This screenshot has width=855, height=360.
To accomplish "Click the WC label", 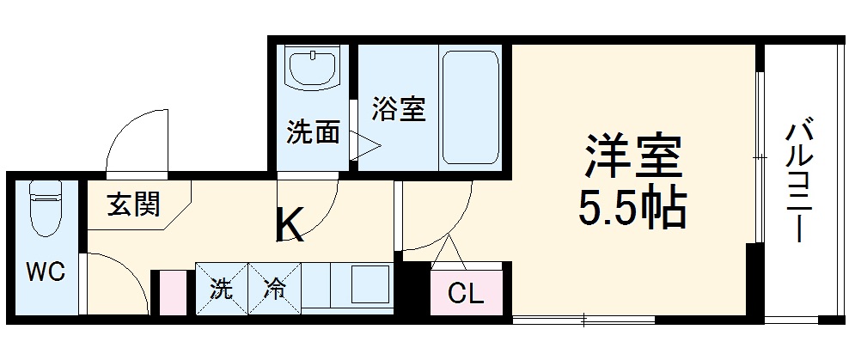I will [44, 272].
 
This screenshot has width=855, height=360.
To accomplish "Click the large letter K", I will [289, 227].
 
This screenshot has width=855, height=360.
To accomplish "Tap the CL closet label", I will [467, 295].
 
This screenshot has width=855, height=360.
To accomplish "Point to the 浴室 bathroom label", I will [399, 109].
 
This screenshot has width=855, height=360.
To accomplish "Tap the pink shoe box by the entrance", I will [173, 292].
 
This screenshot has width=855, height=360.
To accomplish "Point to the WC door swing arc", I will [116, 279].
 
